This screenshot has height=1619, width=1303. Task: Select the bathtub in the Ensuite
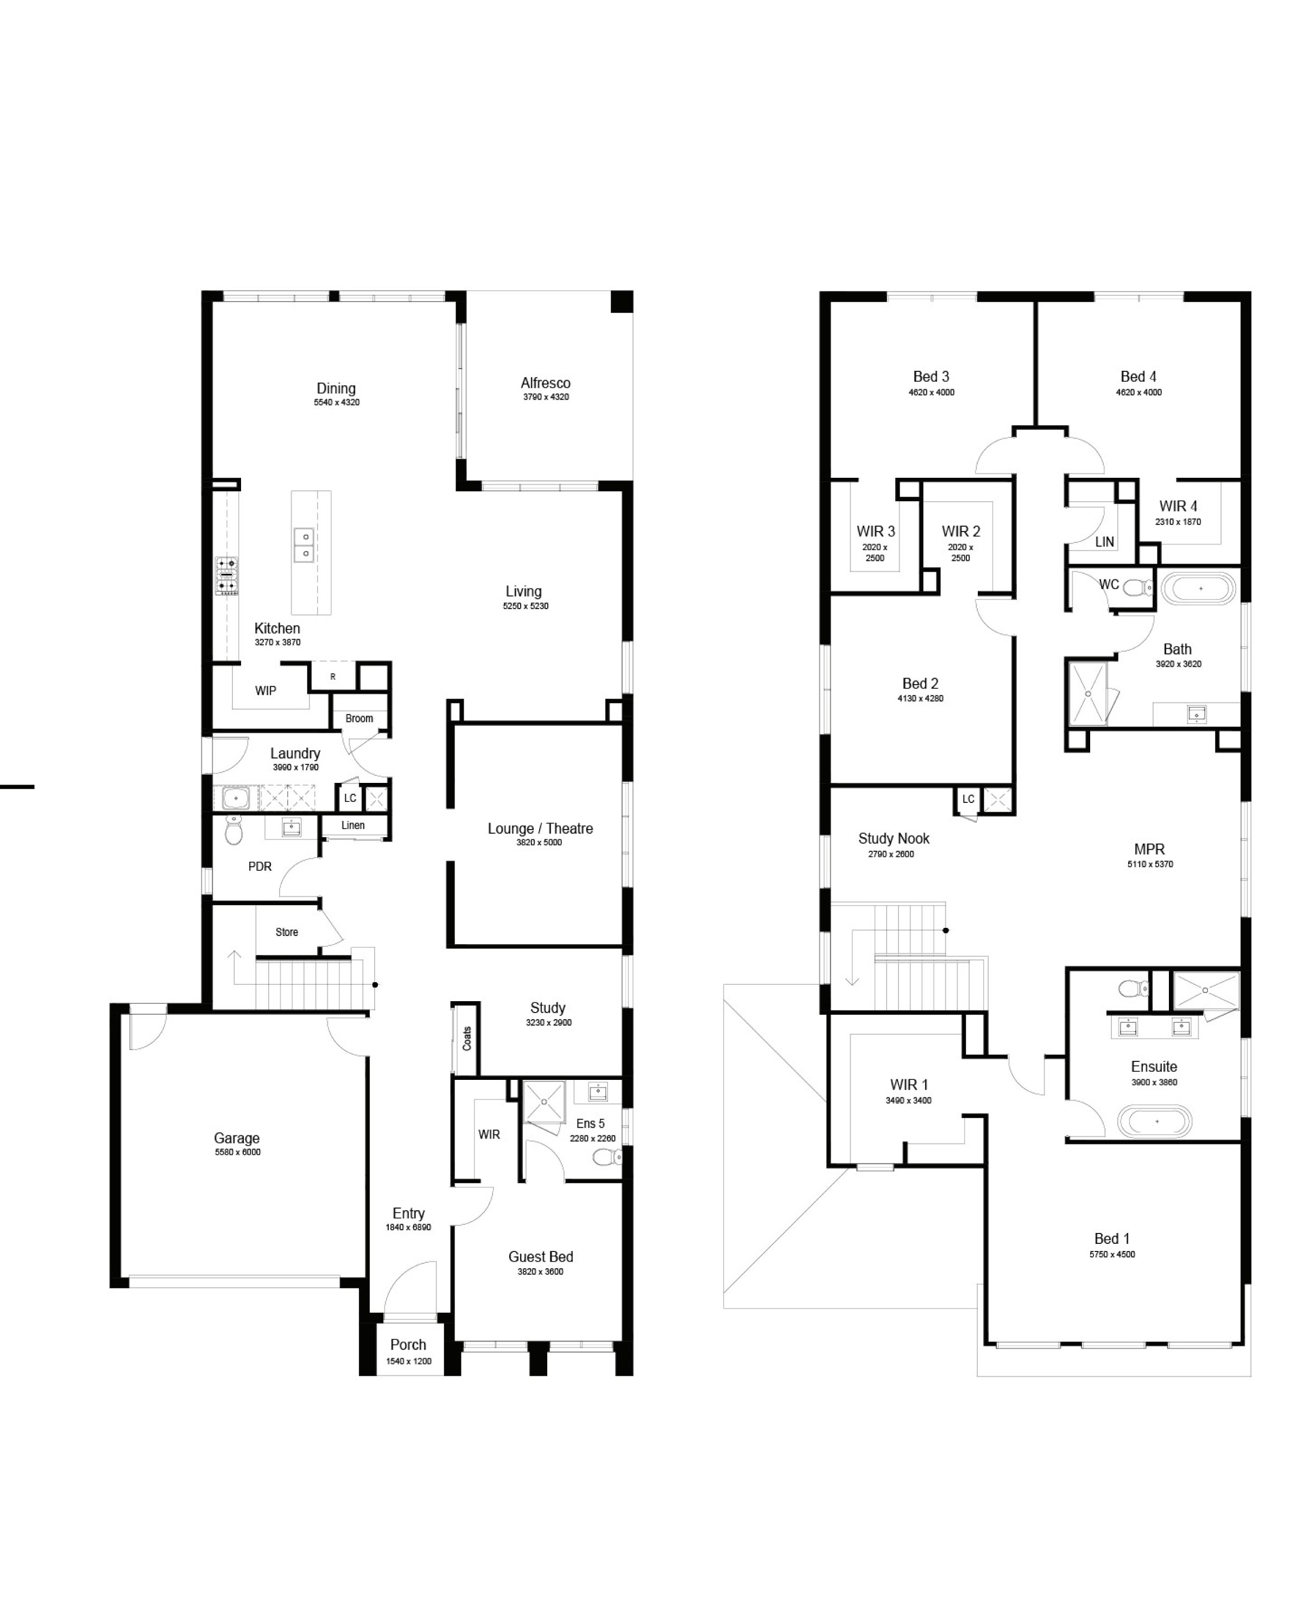tap(1154, 1122)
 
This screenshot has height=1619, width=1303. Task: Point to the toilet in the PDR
tap(233, 831)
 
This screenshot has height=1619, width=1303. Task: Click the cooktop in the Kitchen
tap(227, 576)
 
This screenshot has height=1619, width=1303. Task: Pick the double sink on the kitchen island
tap(304, 545)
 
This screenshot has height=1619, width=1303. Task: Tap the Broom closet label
tap(359, 719)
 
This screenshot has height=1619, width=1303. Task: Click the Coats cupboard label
tap(466, 1039)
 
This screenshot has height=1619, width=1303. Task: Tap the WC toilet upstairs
tap(1138, 587)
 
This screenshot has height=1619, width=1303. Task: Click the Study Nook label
tap(894, 838)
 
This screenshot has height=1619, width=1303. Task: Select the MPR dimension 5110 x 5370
tap(1150, 864)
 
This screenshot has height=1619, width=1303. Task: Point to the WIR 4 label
tap(1178, 506)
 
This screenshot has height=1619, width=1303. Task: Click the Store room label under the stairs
tap(286, 932)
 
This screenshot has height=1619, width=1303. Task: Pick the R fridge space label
tap(333, 676)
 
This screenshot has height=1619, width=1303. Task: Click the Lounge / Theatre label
tap(540, 829)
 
